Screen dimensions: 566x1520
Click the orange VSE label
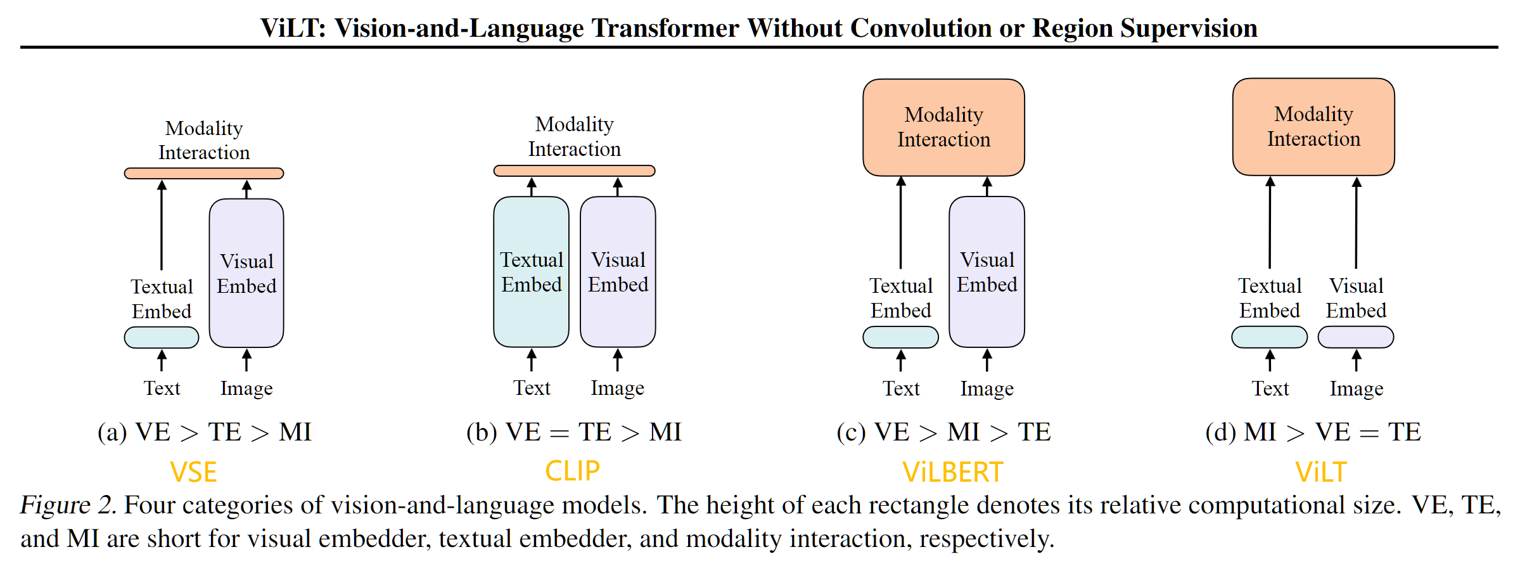[193, 473]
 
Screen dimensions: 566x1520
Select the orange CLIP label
[572, 471]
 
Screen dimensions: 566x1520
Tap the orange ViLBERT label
[952, 473]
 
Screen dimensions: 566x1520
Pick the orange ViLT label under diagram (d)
[1320, 473]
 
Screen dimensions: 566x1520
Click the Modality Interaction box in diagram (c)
[943, 127]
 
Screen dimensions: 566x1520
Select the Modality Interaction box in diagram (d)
[1313, 127]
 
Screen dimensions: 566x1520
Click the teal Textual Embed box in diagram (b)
[531, 272]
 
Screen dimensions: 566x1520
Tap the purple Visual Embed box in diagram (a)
[246, 273]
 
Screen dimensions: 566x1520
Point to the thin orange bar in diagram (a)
[204, 173]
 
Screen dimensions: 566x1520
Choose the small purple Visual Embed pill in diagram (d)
[1356, 337]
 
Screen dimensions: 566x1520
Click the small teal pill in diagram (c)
[900, 337]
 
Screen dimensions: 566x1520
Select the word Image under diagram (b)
[617, 388]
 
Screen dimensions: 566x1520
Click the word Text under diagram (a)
[162, 388]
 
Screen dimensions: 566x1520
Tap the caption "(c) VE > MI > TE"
[943, 432]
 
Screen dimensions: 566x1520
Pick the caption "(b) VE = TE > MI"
[573, 432]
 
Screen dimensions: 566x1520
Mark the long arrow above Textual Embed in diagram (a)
[162, 225]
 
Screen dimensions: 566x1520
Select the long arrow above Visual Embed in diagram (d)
[1356, 223]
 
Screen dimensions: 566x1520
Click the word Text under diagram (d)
[1270, 388]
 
